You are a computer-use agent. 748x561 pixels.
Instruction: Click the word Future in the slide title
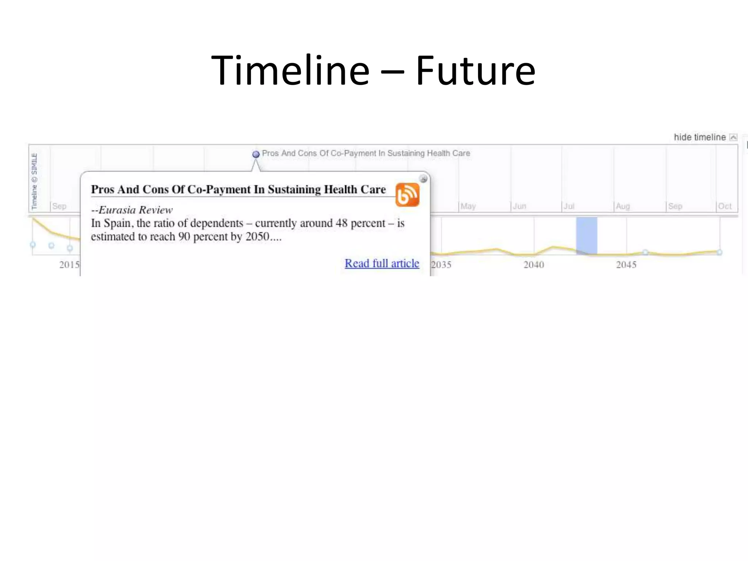476,70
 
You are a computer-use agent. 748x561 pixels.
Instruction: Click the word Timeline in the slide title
290,70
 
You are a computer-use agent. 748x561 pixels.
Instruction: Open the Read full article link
382,263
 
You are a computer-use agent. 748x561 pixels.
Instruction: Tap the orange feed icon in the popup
407,195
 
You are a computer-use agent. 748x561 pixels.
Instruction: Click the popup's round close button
423,179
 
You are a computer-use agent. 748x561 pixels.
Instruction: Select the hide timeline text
699,137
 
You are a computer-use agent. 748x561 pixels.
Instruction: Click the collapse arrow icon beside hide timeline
733,137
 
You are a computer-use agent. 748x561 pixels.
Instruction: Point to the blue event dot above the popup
256,154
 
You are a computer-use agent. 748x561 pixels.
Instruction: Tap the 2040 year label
534,265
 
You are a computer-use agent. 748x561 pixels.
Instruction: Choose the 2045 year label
626,265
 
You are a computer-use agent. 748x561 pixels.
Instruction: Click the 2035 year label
441,265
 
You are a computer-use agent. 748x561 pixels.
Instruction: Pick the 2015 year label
69,265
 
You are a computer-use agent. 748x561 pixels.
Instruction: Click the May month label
468,206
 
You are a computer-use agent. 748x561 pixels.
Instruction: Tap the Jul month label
569,206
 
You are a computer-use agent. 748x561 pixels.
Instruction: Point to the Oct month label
725,206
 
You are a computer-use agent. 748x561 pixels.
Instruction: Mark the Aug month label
623,206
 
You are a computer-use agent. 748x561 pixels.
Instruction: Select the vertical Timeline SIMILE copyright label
34,181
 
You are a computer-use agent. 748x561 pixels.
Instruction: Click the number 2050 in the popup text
257,237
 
